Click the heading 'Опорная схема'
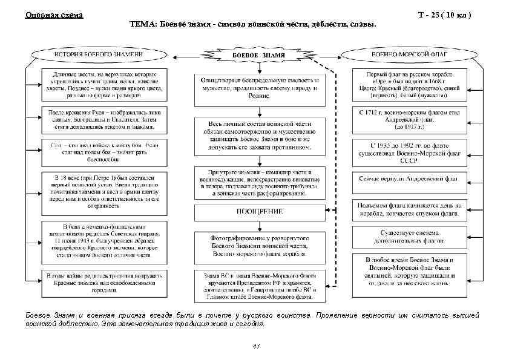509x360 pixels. [x=54, y=15]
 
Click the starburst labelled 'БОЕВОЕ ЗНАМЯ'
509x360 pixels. [x=259, y=55]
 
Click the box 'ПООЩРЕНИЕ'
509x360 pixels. [x=259, y=212]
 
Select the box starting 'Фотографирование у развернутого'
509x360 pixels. [x=259, y=247]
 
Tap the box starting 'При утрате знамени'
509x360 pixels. [x=259, y=180]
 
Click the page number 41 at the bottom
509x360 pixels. [x=255, y=346]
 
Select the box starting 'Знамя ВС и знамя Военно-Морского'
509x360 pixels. [x=259, y=286]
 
